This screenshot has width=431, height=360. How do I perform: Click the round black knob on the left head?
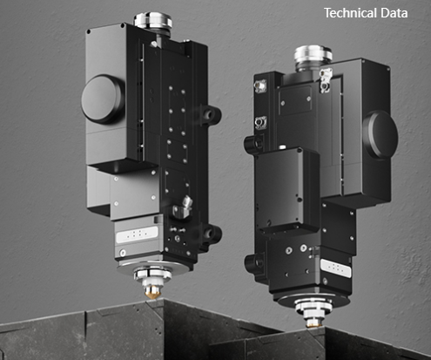pyautogui.click(x=101, y=98)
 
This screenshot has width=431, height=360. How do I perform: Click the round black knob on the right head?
pyautogui.click(x=380, y=135)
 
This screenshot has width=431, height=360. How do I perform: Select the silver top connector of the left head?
pyautogui.click(x=153, y=21)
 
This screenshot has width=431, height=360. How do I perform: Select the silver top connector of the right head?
pyautogui.click(x=313, y=57)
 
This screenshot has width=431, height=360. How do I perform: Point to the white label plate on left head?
pyautogui.click(x=138, y=234)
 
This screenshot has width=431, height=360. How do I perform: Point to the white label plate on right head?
pyautogui.click(x=335, y=268)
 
